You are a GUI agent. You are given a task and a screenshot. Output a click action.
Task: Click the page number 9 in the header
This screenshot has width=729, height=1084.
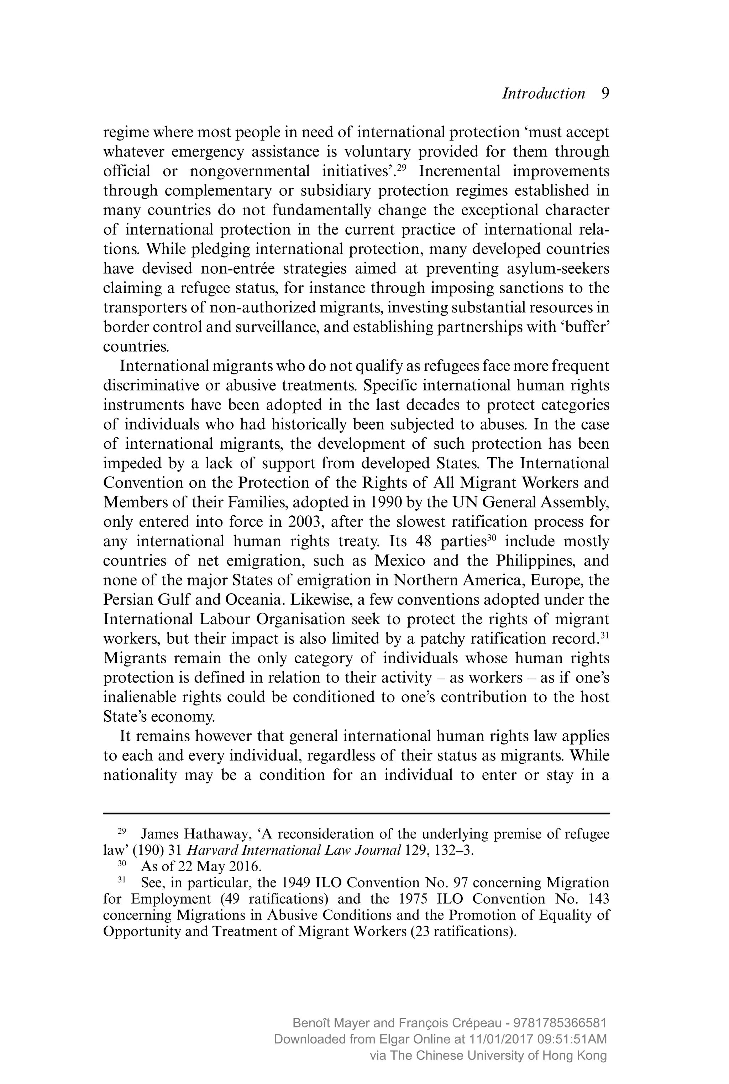tap(605, 94)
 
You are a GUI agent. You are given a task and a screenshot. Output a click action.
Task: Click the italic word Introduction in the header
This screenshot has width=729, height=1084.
tap(544, 94)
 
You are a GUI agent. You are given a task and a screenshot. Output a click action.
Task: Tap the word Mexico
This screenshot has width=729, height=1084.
tap(400, 561)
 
